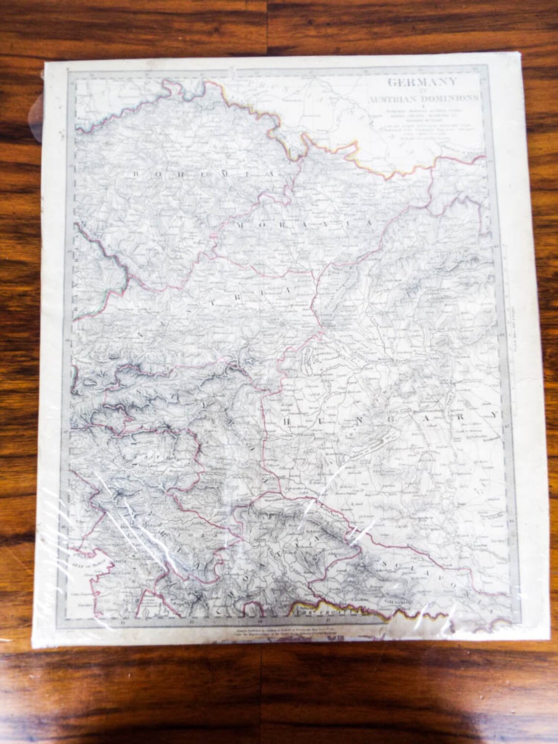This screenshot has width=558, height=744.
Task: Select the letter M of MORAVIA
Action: (x=241, y=224)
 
